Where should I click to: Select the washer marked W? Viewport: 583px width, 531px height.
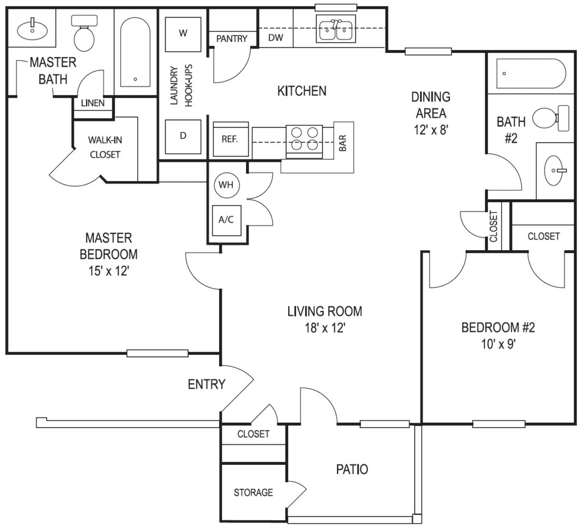183,33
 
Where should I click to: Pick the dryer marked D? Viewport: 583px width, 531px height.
183,136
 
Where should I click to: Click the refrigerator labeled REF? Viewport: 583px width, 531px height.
230,138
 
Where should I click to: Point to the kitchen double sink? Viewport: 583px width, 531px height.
336,29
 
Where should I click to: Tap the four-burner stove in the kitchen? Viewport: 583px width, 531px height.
304,138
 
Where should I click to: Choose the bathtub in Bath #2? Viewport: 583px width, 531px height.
531,73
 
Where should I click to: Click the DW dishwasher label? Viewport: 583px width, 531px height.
276,39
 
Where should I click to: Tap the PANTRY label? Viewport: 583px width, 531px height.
232,39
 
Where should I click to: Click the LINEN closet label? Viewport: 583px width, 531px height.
92,103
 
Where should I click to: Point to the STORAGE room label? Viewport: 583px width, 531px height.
253,492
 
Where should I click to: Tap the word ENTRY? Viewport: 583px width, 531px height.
207,384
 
